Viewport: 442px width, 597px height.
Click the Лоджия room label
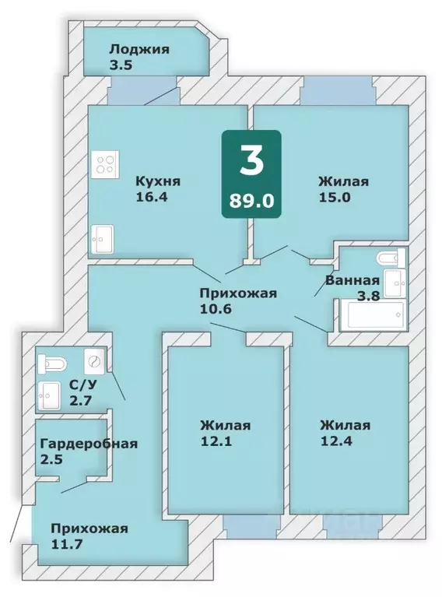139,48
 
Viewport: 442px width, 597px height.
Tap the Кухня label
158,181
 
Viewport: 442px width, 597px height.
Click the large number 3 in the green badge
251,161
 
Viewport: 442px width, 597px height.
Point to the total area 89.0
251,200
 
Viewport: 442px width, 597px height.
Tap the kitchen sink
103,239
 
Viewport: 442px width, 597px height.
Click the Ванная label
353,280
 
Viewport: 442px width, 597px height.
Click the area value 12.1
215,441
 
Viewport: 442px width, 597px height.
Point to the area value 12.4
335,441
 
